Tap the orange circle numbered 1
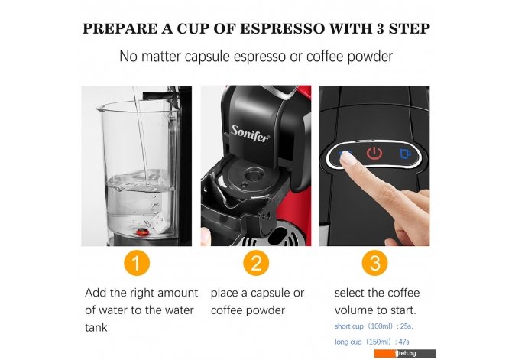tap(137, 263)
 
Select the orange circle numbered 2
tap(256, 263)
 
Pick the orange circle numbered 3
tap(375, 263)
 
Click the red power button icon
tap(374, 153)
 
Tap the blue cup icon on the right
tap(405, 154)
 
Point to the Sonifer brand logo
tap(251, 133)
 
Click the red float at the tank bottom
tap(142, 232)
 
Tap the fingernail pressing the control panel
tap(346, 159)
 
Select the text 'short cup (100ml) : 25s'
tap(374, 326)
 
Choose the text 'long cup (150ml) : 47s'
tap(371, 342)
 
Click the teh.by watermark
tap(405, 353)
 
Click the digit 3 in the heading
tap(380, 29)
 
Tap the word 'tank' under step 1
tap(96, 327)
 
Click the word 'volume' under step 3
tap(355, 310)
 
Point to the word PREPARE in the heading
tap(120, 29)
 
